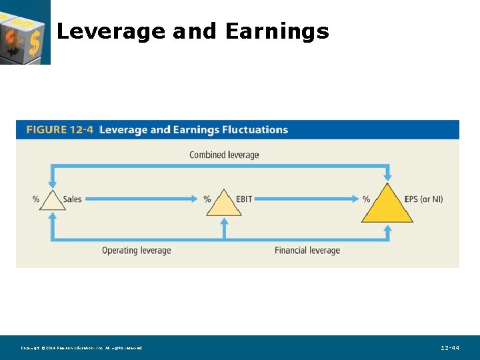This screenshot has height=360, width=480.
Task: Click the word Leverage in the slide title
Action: pos(111,31)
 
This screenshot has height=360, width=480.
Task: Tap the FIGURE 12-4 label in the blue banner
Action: pos(59,130)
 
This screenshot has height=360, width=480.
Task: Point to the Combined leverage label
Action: pos(224,155)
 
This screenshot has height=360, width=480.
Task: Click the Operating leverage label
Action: pos(136,251)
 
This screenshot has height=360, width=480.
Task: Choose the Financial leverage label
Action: pos(307,251)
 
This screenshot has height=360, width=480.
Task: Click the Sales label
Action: pos(72,199)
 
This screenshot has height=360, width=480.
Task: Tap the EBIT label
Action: pos(244,199)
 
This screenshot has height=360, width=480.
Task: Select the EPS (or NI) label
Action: pos(423,199)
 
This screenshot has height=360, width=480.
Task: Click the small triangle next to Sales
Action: pos(52,201)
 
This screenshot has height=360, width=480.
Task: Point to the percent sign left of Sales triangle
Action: pos(36,199)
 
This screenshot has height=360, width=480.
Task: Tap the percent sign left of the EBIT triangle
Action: pos(207,199)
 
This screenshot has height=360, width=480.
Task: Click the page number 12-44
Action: pos(450,348)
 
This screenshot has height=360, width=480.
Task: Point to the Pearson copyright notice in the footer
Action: pos(81,348)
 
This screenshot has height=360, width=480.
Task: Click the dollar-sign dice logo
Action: pos(25,31)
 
